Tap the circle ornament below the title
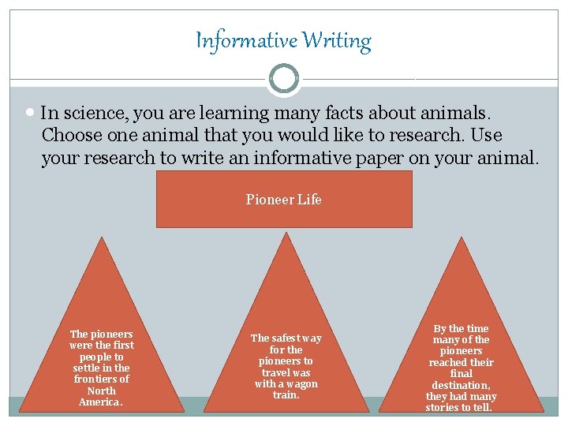(x=284, y=79)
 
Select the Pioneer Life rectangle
(x=284, y=200)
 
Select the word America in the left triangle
(x=99, y=402)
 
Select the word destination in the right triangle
(x=461, y=385)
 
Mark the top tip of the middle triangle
(x=286, y=234)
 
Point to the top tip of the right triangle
(x=461, y=238)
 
